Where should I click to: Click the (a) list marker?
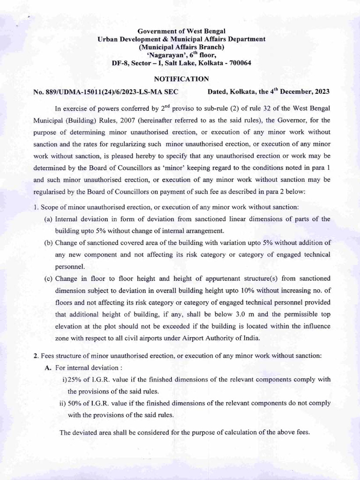pos(48,219)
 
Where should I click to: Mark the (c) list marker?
pos(48,278)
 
